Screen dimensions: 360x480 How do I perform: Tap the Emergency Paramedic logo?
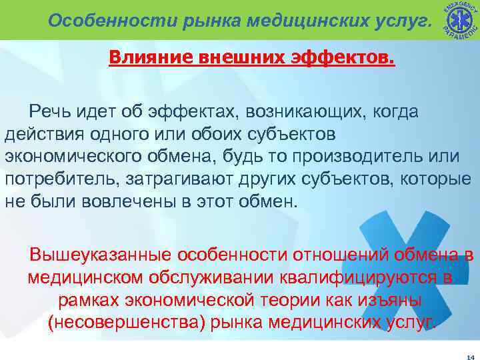(459, 19)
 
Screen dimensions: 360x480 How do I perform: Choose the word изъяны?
(387, 301)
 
